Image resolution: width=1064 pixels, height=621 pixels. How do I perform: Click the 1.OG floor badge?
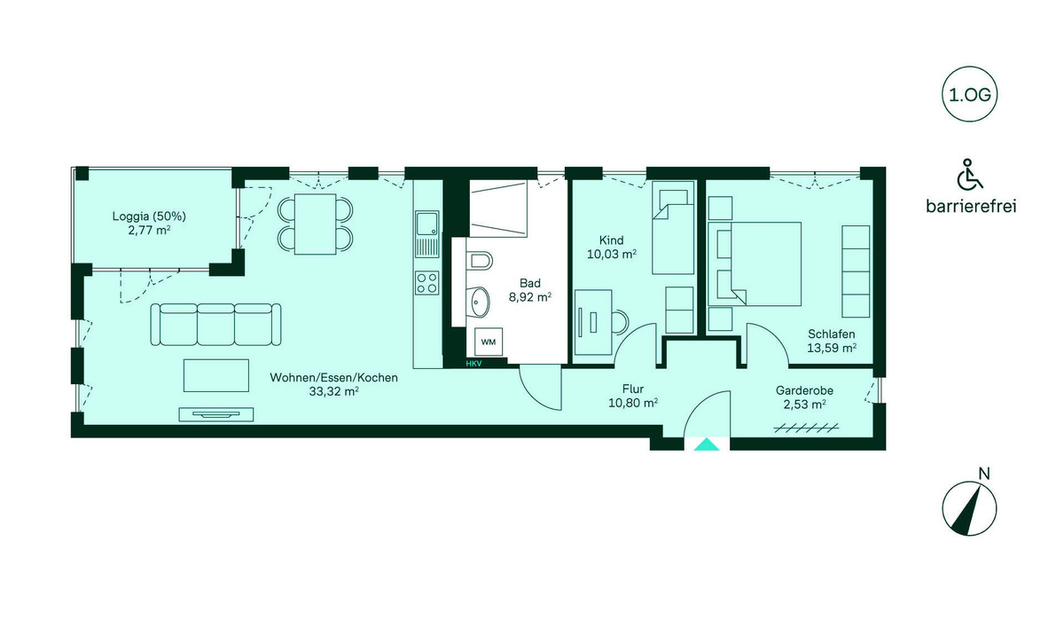969,95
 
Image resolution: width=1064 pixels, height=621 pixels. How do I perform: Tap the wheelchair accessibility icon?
969,174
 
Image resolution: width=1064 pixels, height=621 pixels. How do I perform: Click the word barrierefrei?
971,207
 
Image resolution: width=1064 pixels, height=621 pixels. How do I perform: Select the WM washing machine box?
489,342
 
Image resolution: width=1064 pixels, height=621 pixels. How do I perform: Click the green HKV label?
473,364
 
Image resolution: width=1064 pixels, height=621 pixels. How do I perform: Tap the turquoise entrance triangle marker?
707,444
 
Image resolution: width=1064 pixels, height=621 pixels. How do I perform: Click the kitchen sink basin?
426,224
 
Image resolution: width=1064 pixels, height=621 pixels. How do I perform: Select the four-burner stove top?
426,282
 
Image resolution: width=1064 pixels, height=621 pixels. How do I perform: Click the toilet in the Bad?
480,261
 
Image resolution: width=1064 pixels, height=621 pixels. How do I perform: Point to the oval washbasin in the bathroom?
480,302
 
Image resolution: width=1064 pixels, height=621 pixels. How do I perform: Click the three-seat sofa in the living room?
215,325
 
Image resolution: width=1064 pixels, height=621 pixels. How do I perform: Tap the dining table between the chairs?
316,224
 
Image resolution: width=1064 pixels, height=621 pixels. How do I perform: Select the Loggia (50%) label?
149,216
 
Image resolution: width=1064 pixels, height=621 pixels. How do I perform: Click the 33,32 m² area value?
334,391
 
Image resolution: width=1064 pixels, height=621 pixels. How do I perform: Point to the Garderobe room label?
805,390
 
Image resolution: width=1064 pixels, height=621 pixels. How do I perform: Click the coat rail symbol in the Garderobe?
806,428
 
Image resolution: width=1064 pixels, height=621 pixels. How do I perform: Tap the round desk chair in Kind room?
619,322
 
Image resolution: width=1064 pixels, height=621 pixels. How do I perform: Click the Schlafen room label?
832,334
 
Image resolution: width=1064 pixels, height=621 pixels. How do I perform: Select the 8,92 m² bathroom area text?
530,297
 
